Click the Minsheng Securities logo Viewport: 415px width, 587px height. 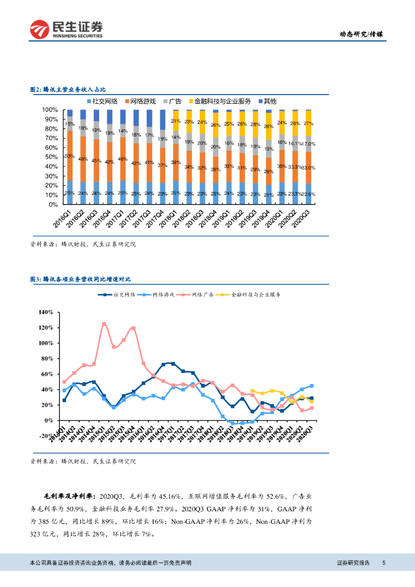tap(66, 29)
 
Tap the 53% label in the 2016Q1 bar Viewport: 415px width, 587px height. tap(69, 156)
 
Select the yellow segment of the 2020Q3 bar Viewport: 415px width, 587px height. tap(308, 123)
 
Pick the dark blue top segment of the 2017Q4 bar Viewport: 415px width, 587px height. tap(163, 119)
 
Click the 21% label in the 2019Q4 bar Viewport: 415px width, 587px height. tap(268, 195)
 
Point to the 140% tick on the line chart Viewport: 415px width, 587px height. tap(45, 312)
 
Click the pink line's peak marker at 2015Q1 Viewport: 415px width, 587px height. tap(104, 324)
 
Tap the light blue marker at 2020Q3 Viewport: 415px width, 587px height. tap(311, 386)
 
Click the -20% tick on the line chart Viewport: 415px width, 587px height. tap(45, 436)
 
